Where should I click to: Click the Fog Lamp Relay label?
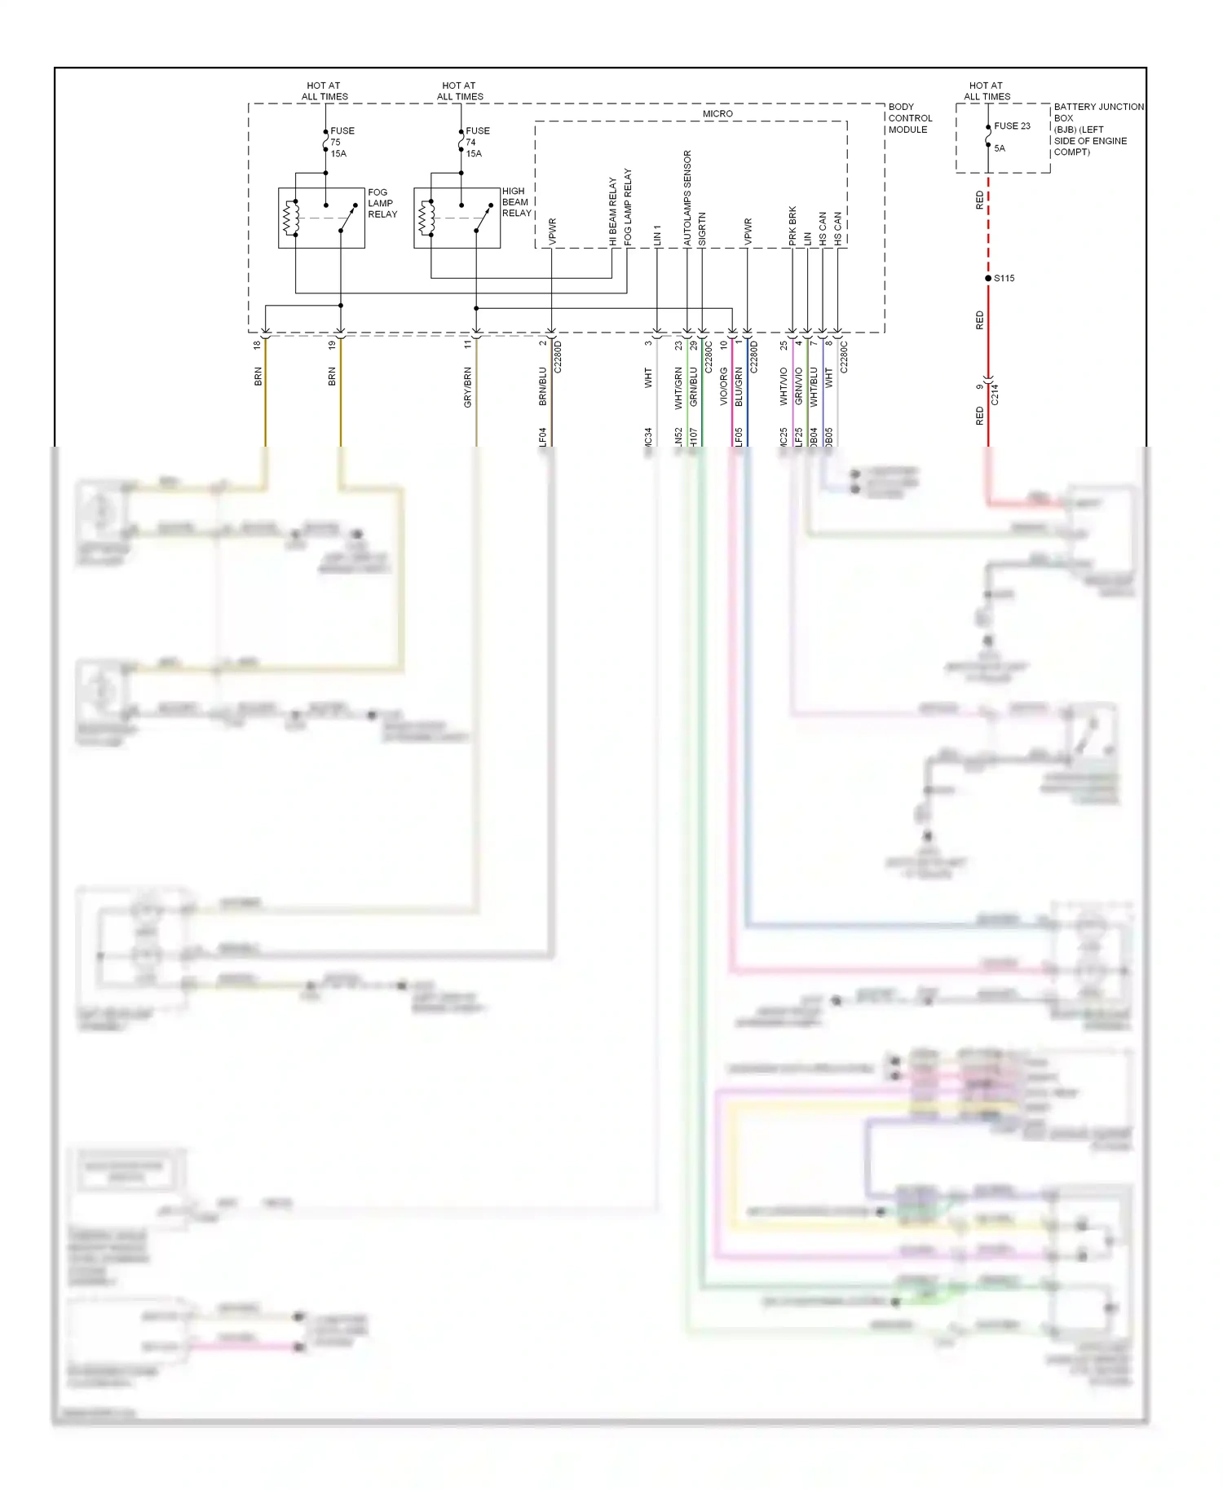(382, 204)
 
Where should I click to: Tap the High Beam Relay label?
(516, 202)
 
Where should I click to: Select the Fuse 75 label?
(342, 142)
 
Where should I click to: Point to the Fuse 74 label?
(477, 142)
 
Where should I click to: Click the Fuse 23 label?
(1012, 126)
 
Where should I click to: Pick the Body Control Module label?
(909, 118)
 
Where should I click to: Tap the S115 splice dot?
(988, 279)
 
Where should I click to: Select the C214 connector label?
(995, 395)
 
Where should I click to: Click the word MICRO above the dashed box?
(717, 114)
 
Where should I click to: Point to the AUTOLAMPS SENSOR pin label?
(687, 198)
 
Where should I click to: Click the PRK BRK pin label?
(793, 226)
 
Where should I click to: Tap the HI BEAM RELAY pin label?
(613, 212)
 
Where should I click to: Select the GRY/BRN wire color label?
(467, 387)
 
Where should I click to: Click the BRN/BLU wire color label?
(543, 386)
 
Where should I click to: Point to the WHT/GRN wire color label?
(678, 387)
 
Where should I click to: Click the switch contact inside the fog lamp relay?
(348, 218)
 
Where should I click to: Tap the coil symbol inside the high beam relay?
(426, 218)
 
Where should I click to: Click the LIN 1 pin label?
(657, 235)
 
